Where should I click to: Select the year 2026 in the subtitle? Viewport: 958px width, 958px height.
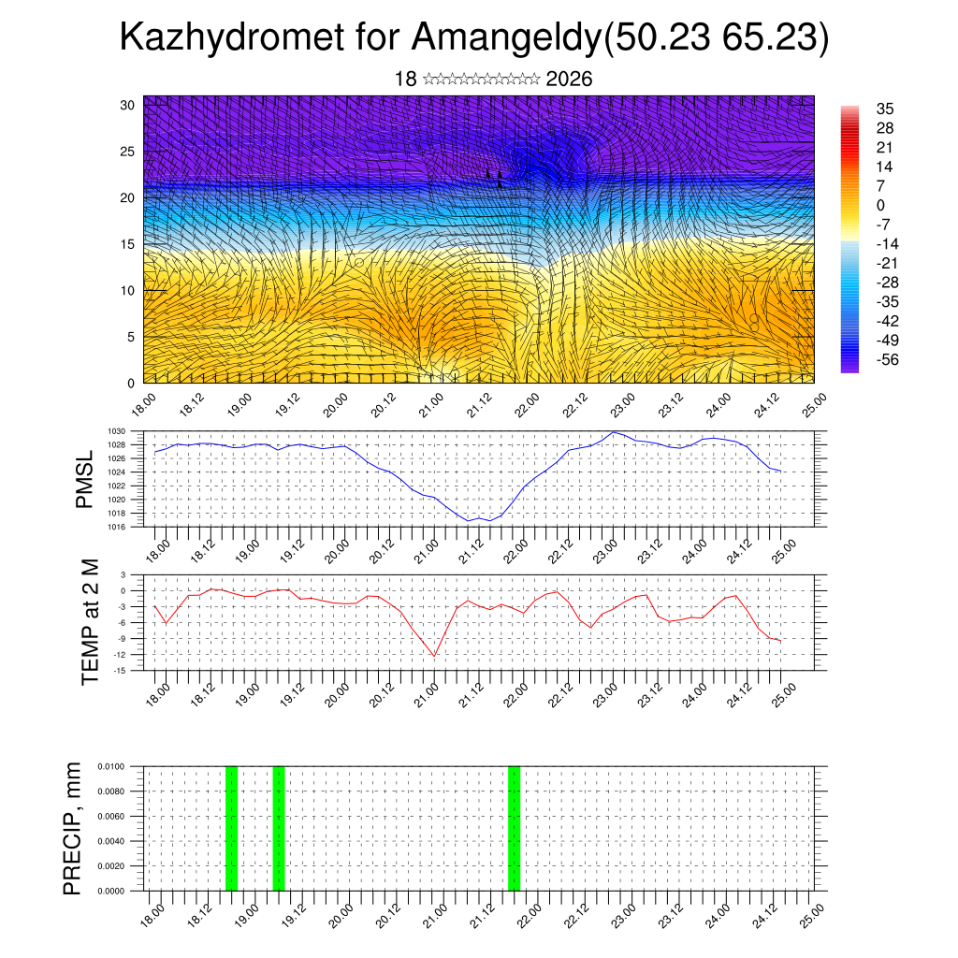pyautogui.click(x=568, y=79)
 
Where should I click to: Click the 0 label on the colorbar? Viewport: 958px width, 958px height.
pyautogui.click(x=881, y=205)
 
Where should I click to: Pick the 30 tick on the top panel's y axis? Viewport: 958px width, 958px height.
pyautogui.click(x=127, y=105)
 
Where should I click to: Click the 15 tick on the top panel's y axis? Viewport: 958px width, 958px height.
pyautogui.click(x=127, y=244)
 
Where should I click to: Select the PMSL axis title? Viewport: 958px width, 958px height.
pyautogui.click(x=84, y=479)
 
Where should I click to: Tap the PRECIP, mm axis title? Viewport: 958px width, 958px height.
pyautogui.click(x=73, y=828)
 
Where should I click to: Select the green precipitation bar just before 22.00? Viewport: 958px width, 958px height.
pyautogui.click(x=514, y=828)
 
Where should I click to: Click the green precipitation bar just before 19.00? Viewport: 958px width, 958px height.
pyautogui.click(x=231, y=828)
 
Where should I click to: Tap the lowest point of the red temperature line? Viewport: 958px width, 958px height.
pyautogui.click(x=435, y=656)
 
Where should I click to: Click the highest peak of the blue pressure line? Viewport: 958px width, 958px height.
pyautogui.click(x=614, y=432)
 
